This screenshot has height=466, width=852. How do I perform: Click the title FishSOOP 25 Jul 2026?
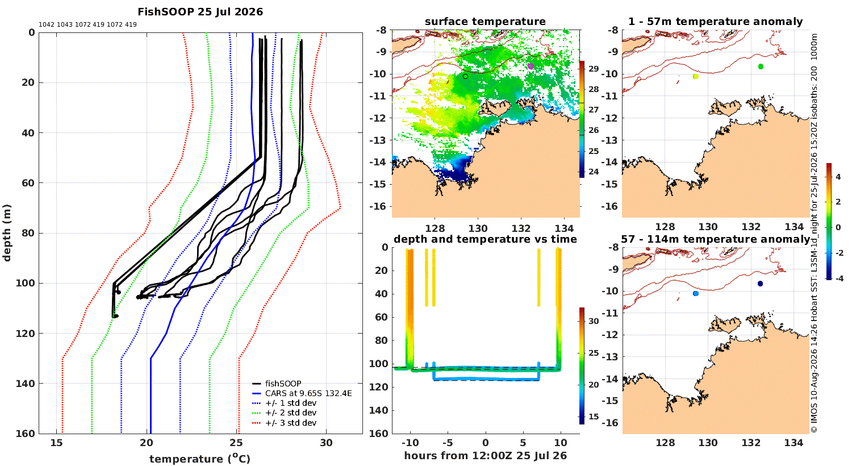(x=200, y=12)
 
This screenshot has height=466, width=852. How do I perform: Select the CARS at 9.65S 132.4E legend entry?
(x=302, y=393)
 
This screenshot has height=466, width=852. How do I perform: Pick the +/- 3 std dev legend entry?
(x=284, y=423)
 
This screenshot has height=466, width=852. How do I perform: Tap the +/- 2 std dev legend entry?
(x=284, y=413)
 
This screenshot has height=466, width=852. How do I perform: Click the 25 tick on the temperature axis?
(x=236, y=443)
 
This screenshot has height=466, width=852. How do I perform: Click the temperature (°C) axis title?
(x=200, y=459)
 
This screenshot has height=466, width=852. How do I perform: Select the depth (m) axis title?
(x=7, y=233)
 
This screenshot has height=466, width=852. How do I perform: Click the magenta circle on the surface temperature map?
(x=531, y=66)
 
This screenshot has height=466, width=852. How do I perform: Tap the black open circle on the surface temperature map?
(x=465, y=77)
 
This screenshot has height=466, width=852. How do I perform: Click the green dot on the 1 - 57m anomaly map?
(x=761, y=66)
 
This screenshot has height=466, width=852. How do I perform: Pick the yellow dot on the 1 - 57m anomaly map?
(x=696, y=77)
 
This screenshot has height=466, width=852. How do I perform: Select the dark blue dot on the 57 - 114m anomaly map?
(x=760, y=284)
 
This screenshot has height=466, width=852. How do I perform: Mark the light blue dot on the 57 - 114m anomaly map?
(x=696, y=293)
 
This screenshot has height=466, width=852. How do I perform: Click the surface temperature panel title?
(x=485, y=22)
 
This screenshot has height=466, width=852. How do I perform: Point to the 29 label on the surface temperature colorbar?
(x=594, y=69)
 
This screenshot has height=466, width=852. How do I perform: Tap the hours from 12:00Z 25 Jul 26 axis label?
(x=485, y=456)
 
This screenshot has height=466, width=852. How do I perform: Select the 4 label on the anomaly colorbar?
(x=838, y=177)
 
